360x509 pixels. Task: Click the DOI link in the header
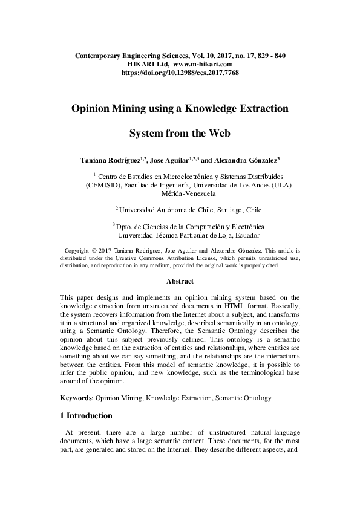tap(180, 72)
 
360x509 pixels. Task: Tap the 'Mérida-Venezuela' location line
tap(180, 194)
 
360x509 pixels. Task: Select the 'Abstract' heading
tap(180, 281)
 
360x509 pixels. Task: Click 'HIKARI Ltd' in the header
tap(147, 63)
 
